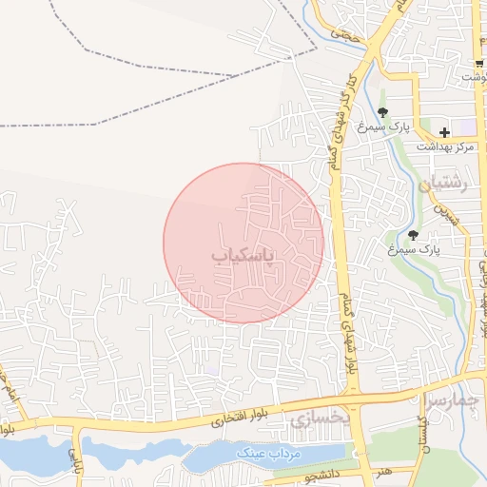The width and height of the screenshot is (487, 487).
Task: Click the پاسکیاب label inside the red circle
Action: coord(243,256)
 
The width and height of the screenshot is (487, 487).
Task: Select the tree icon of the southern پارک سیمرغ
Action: coord(413,235)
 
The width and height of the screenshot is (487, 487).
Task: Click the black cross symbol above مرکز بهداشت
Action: coord(444,131)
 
